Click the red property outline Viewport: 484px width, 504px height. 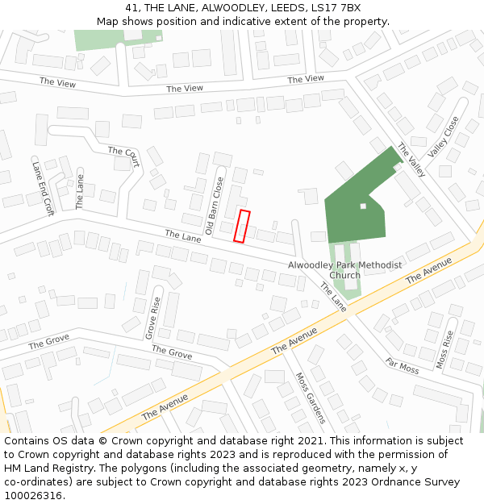[x=242, y=226]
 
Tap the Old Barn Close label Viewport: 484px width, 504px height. [x=214, y=206]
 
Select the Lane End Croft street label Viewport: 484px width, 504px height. [x=42, y=188]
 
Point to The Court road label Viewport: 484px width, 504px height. [x=123, y=156]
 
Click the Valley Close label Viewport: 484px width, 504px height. [x=443, y=136]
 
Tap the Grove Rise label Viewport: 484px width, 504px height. [x=152, y=317]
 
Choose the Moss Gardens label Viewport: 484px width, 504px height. [x=311, y=398]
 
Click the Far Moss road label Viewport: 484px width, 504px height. [x=402, y=366]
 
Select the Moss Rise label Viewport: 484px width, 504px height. [x=444, y=349]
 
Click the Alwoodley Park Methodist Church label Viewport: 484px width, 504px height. [x=344, y=270]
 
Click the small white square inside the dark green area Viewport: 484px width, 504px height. [x=363, y=206]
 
